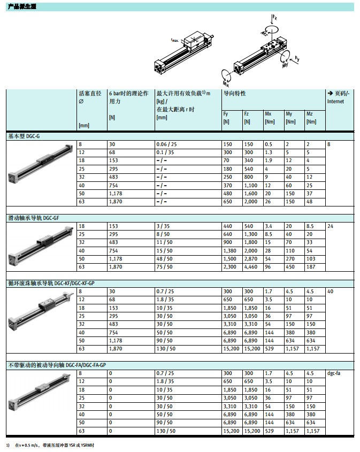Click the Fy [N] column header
tap(226, 118)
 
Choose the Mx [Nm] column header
tap(269, 118)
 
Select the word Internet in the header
tap(335, 101)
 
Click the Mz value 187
tap(310, 267)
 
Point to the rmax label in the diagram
tap(174, 40)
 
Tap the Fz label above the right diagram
tap(274, 18)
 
